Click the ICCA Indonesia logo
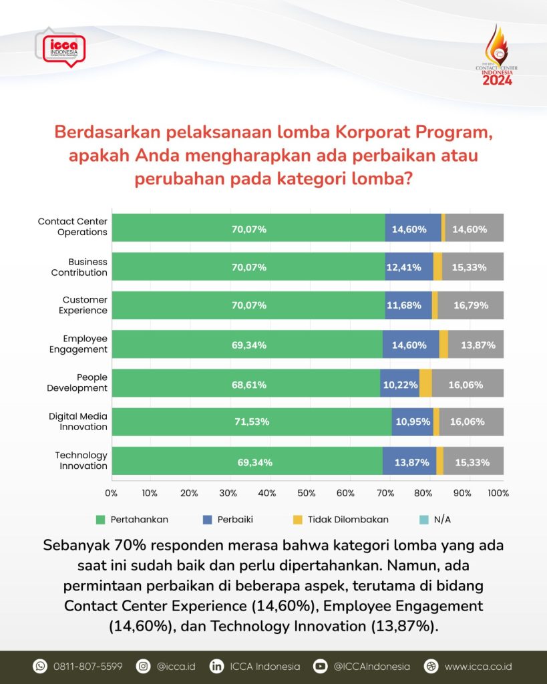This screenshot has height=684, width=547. (x=63, y=47)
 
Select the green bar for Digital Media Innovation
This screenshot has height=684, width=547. (x=251, y=421)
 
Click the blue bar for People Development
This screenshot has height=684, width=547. (x=399, y=383)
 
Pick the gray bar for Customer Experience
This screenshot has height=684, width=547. (x=471, y=305)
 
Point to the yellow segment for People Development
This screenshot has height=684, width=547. (x=425, y=383)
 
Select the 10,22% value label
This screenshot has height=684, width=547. (x=401, y=384)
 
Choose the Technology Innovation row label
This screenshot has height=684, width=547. (x=81, y=460)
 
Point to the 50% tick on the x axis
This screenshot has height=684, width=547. (x=307, y=494)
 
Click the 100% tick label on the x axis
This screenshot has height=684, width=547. (x=498, y=494)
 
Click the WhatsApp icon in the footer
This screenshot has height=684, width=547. (x=40, y=666)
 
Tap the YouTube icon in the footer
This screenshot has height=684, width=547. (x=321, y=666)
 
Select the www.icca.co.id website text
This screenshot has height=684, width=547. (x=478, y=666)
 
